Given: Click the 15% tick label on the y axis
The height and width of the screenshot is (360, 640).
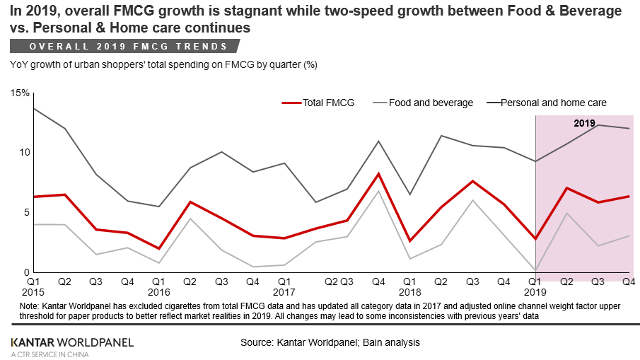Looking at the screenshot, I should pos(19,93).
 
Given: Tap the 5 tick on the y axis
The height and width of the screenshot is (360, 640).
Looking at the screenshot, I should pos(25,212).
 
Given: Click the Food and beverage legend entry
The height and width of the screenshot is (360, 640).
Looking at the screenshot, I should pos(431,103).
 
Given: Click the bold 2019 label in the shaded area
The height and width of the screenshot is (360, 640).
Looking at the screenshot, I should pos(584,123).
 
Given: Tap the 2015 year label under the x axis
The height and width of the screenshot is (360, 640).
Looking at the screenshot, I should pos(34,291).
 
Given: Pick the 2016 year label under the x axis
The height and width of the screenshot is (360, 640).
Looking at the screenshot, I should pos(159,291).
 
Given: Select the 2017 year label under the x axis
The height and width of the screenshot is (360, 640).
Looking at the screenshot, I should pos(284,291).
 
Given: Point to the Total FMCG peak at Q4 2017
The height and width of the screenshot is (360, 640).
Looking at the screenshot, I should pos(378,173).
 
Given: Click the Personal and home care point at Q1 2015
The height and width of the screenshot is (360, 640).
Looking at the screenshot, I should pos(34,108).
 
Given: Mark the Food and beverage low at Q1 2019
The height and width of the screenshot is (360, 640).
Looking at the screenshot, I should pos(535,270).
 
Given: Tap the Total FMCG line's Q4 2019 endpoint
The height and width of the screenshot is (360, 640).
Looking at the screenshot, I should pos(629,196).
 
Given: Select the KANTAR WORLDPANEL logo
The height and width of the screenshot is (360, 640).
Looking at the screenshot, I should pos(71,342).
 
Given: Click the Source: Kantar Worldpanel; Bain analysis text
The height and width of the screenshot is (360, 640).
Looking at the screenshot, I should pos(330,342).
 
